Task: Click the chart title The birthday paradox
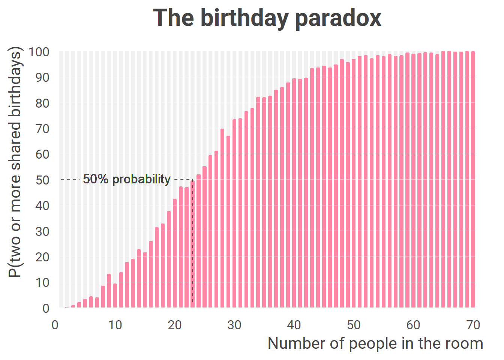pos(267,18)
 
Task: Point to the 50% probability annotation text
pos(126,179)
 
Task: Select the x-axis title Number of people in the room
pos(375,343)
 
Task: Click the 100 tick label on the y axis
pos(39,52)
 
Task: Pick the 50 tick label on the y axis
pos(42,180)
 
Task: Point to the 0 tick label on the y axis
pos(46,308)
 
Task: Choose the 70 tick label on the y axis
pos(42,129)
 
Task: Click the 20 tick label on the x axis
pos(175,325)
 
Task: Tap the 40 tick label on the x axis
pos(294,325)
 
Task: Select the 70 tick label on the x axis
pos(473,325)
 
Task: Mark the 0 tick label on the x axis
pos(55,325)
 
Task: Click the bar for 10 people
pos(115,296)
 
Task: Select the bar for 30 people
pos(234,214)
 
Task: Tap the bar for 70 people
pos(473,180)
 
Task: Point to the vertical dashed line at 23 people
pos(193,244)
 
